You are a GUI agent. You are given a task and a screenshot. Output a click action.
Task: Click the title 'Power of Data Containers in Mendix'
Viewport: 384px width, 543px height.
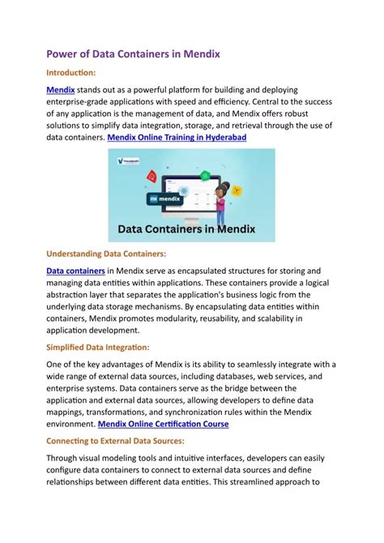133,54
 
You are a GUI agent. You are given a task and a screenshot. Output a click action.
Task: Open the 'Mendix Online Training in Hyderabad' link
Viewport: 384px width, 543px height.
177,138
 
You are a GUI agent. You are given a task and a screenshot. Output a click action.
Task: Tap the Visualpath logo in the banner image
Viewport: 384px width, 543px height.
126,161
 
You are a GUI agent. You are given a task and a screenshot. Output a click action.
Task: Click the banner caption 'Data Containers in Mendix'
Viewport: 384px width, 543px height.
187,229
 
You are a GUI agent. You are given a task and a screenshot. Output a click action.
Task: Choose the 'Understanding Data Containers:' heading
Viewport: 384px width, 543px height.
106,254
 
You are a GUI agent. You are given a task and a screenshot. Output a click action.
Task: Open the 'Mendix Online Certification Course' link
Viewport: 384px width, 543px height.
163,424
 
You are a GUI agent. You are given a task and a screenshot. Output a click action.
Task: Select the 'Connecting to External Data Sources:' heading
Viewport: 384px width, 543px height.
116,441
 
